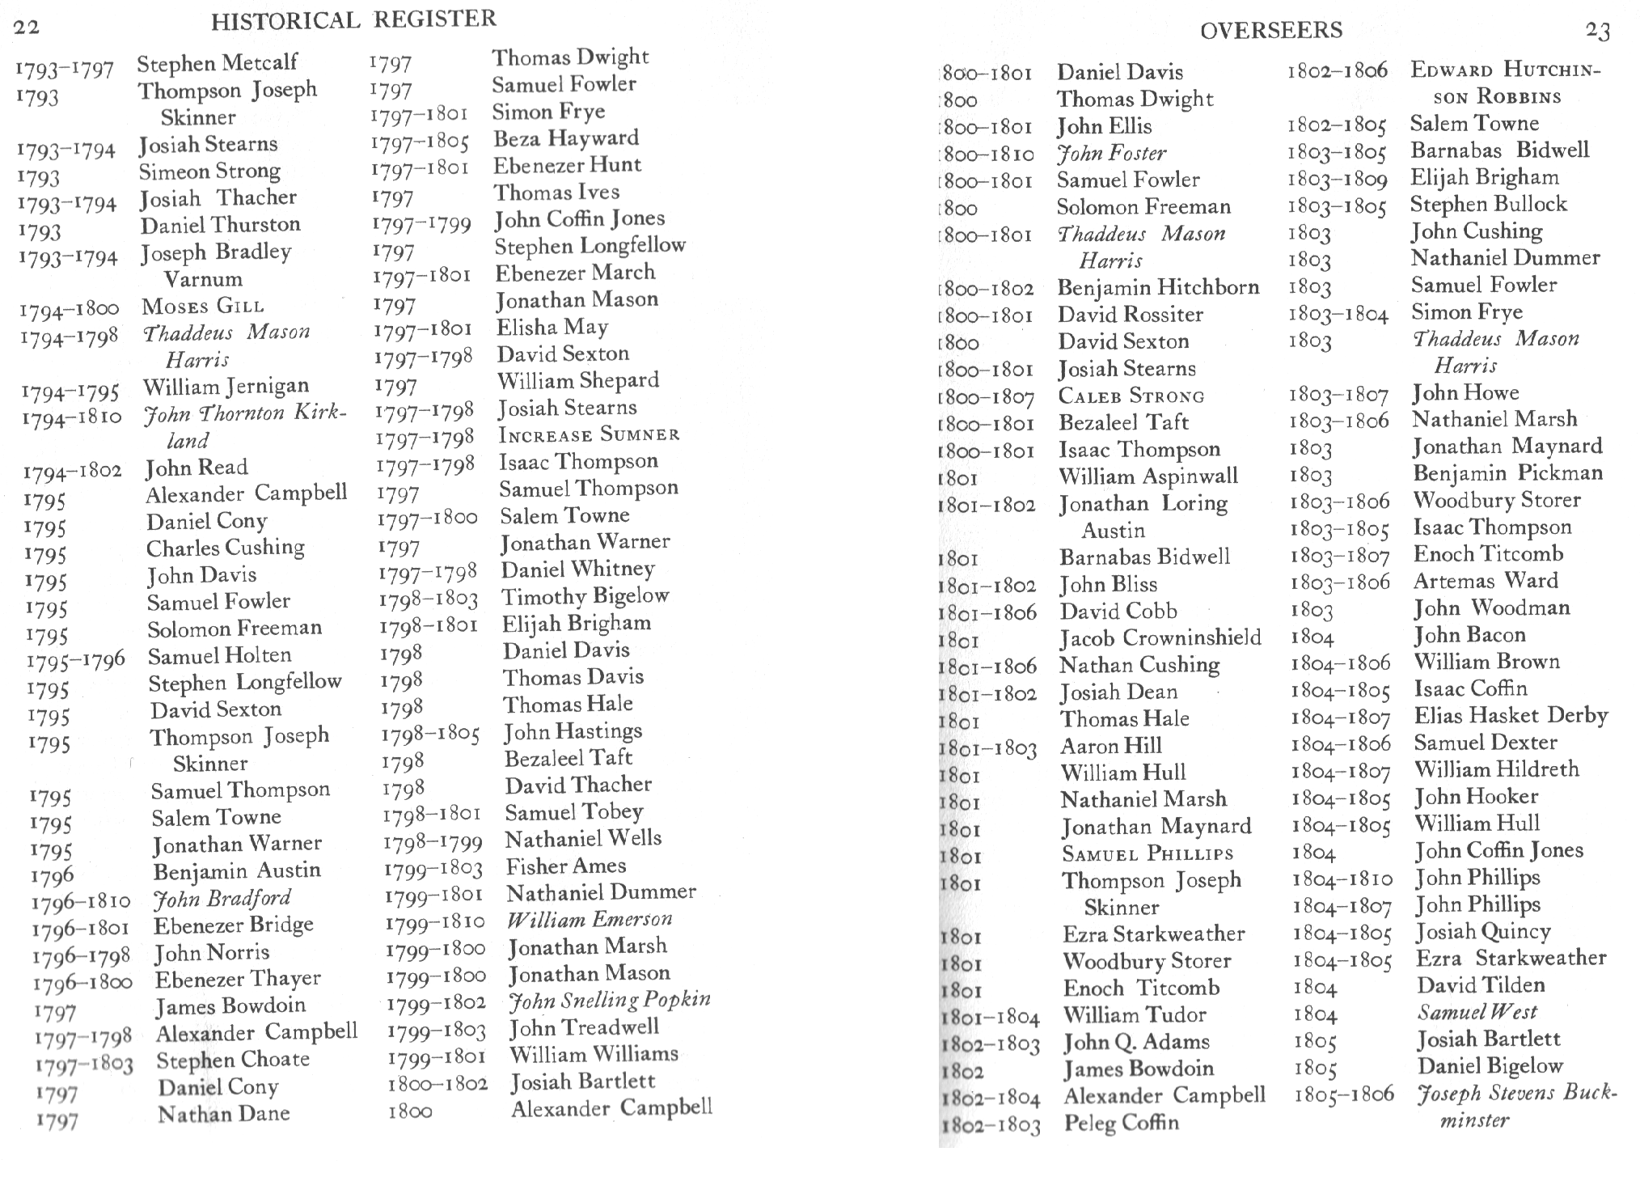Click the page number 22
(x=27, y=27)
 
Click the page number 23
(x=1597, y=32)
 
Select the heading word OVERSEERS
(x=1270, y=31)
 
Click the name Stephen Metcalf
(x=217, y=63)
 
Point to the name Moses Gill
(x=203, y=307)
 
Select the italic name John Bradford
(x=222, y=899)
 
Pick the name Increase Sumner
(x=589, y=435)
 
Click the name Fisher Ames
(x=565, y=866)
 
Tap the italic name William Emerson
(x=590, y=921)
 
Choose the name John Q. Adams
(x=1136, y=1043)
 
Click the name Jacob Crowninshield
(x=1160, y=638)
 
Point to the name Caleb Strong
(x=1131, y=396)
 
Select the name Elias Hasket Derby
(x=1511, y=716)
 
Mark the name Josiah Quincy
(x=1483, y=932)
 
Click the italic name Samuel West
(x=1477, y=1013)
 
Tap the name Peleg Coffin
(x=1121, y=1124)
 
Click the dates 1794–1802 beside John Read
(x=73, y=472)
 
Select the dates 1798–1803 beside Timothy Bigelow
(x=428, y=600)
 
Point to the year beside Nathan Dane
(x=57, y=1122)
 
